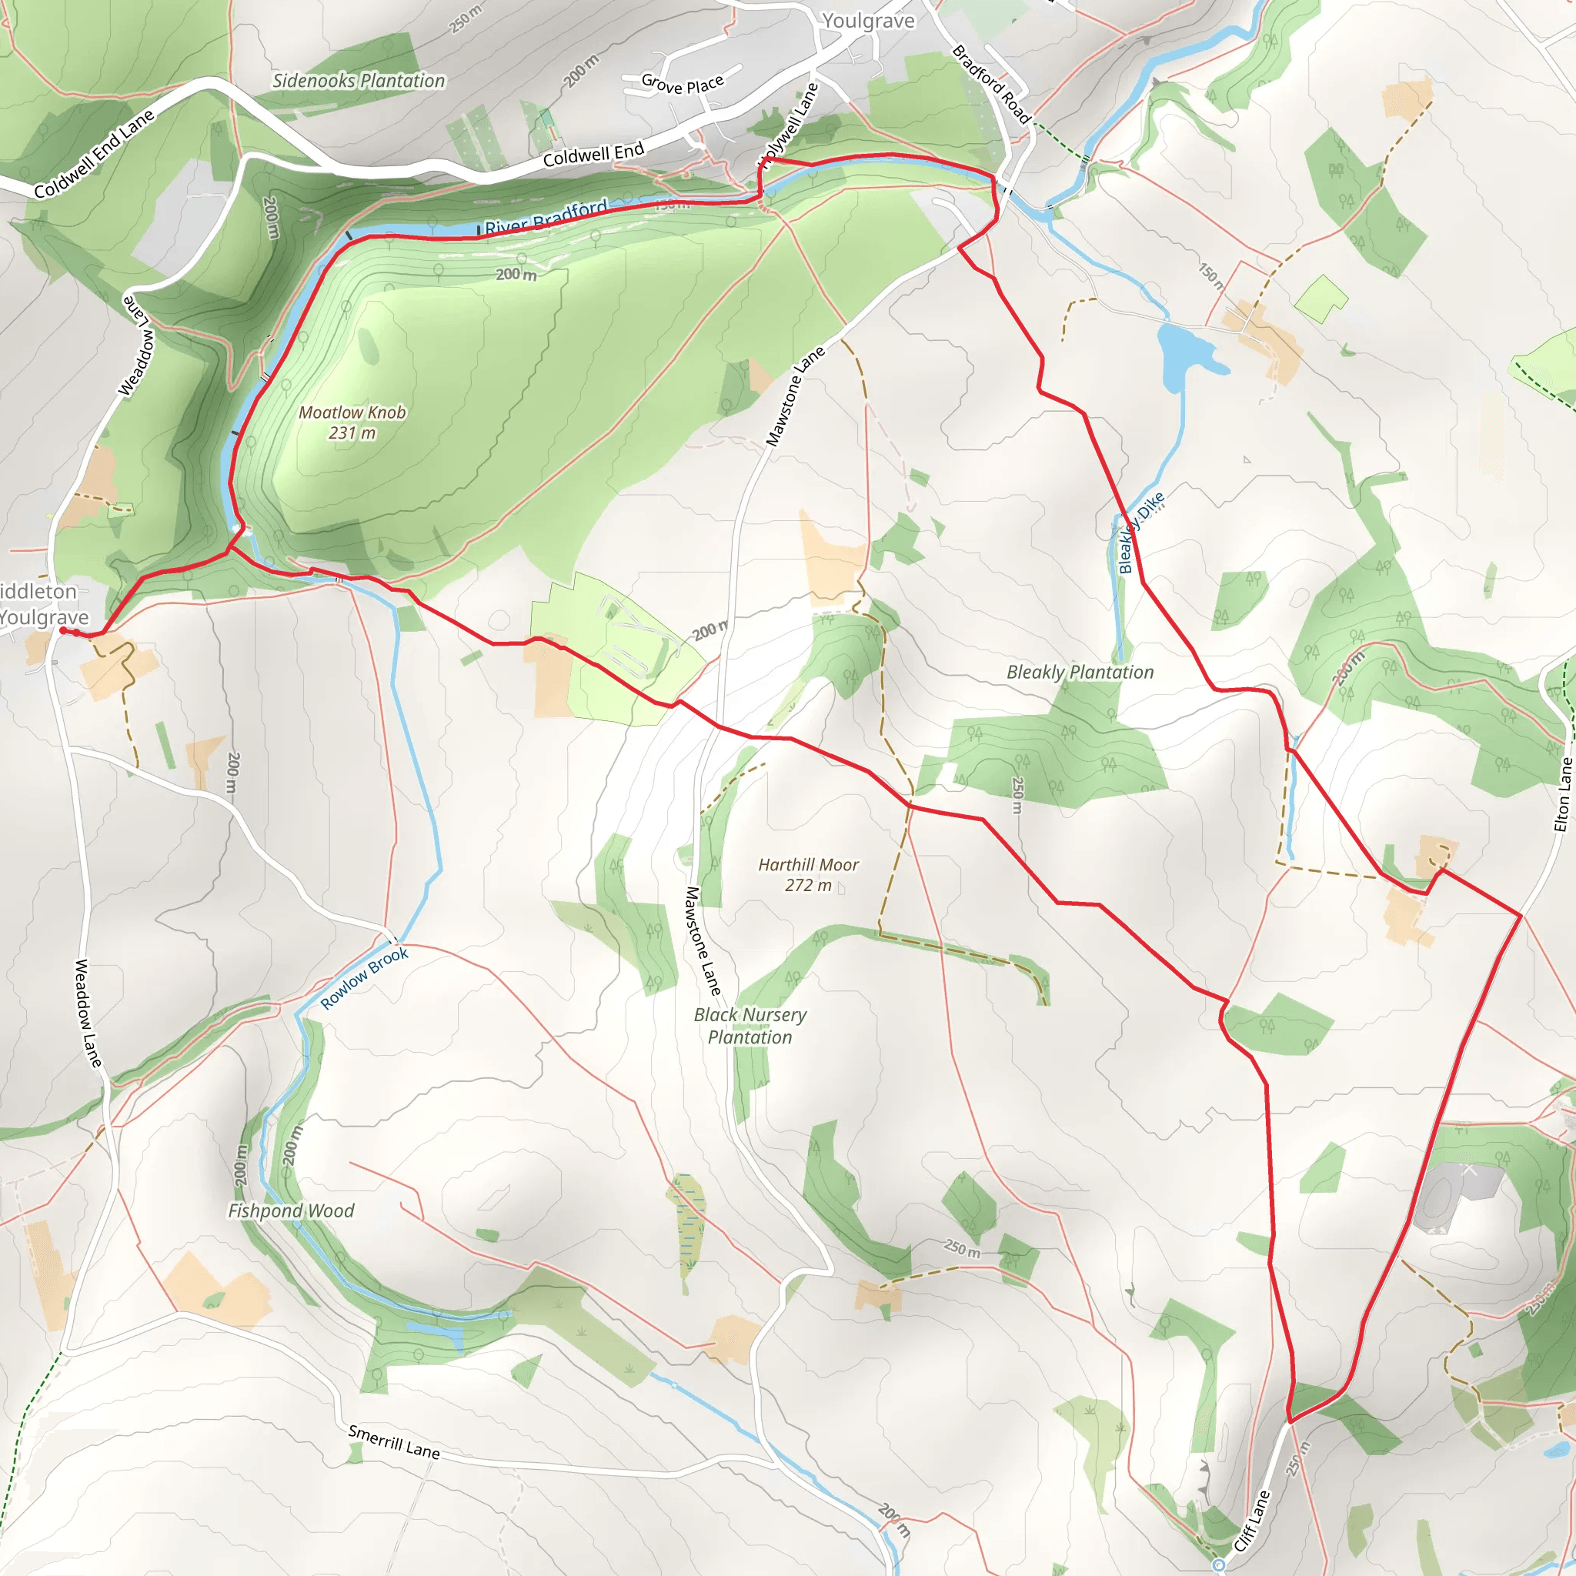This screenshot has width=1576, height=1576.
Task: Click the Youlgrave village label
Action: (868, 21)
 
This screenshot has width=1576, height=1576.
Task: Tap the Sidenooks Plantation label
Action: (358, 81)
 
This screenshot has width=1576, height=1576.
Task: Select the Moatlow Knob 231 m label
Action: (352, 422)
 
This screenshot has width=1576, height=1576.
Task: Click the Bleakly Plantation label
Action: (1080, 672)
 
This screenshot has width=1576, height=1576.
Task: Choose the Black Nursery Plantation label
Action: (750, 1025)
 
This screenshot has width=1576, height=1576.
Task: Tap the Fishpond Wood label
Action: (290, 1210)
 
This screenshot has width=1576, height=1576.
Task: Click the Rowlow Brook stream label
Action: (364, 978)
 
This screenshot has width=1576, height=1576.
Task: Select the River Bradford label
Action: (546, 217)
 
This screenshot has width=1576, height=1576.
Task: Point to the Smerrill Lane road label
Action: (394, 1441)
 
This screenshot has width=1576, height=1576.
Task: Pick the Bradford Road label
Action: (992, 85)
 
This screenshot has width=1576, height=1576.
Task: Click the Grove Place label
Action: (682, 84)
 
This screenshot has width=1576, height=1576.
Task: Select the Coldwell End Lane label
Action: (94, 154)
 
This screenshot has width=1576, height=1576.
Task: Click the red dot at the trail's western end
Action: (64, 629)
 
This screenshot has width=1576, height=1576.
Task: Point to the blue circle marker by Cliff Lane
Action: (1218, 1564)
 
